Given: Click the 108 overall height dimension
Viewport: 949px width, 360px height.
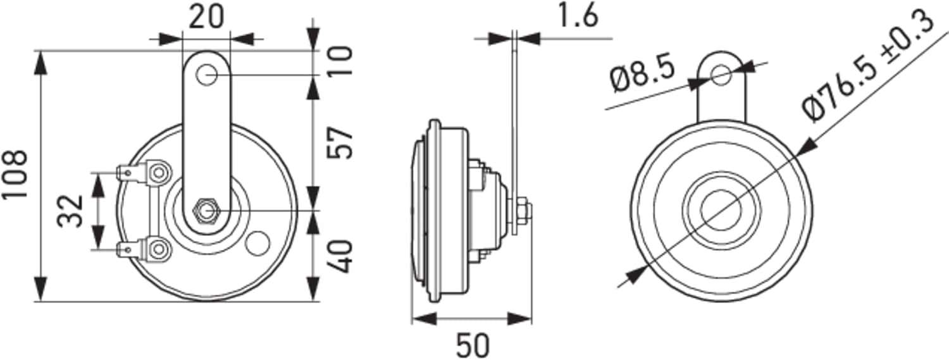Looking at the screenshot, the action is tap(15, 173).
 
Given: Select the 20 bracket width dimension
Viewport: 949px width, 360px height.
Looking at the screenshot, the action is tap(206, 18).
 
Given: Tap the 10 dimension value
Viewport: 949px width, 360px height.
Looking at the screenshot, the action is tap(340, 61).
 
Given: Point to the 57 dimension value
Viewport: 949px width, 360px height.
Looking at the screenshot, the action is tap(340, 142).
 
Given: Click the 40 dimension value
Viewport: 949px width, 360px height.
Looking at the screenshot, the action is tap(340, 257).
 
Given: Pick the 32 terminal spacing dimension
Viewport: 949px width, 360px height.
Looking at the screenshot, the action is tap(70, 211).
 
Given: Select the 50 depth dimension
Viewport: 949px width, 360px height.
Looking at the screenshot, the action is tap(473, 345).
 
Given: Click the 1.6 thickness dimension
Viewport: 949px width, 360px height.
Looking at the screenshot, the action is tap(578, 16).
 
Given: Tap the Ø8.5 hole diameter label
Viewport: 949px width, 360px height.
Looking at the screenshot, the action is tap(642, 76).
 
